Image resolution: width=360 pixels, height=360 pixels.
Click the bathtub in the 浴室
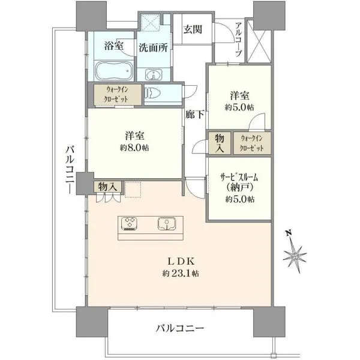(x=114, y=71)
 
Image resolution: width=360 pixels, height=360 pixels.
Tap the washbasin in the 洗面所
(x=154, y=75)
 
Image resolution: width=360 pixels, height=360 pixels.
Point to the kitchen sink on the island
(x=167, y=224)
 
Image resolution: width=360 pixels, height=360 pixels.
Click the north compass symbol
(x=295, y=252)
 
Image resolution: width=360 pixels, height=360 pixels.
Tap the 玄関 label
(x=193, y=29)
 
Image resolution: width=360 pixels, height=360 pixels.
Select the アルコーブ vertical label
(x=238, y=39)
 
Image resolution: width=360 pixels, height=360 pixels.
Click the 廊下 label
(x=194, y=114)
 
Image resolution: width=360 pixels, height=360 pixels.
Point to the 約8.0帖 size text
(x=134, y=148)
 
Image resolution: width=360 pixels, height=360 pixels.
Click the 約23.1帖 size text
(x=181, y=273)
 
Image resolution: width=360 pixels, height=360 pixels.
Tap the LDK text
(x=181, y=261)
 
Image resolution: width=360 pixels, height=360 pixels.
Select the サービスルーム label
(x=239, y=178)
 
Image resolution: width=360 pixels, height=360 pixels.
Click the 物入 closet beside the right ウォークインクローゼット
(x=220, y=143)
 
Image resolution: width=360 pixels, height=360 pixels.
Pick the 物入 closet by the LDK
(x=107, y=187)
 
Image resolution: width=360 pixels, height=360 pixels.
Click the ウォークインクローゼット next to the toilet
(x=117, y=94)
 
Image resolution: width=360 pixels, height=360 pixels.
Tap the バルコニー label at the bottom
(x=180, y=328)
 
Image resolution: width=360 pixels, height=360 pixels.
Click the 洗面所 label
(x=153, y=47)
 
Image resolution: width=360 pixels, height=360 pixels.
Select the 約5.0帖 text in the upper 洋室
(x=239, y=107)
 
